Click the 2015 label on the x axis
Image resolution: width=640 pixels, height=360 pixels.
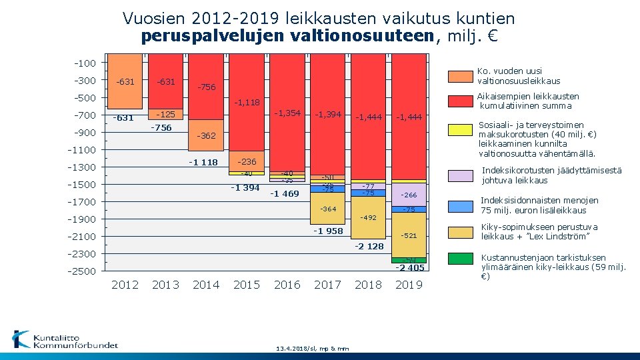[247, 285]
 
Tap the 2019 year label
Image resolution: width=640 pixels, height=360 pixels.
[409, 285]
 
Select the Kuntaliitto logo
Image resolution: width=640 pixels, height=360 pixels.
[65, 340]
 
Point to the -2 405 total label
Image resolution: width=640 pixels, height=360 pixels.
[409, 268]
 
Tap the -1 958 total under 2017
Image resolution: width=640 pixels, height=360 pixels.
[327, 231]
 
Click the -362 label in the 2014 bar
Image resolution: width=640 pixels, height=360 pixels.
[206, 136]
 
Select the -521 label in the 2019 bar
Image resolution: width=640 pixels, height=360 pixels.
[409, 236]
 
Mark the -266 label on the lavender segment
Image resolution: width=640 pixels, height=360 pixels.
[409, 195]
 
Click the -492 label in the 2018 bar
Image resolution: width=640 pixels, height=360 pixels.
[368, 218]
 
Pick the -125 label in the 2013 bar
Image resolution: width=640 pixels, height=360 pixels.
[165, 114]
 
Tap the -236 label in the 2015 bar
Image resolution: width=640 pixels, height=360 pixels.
[247, 162]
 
